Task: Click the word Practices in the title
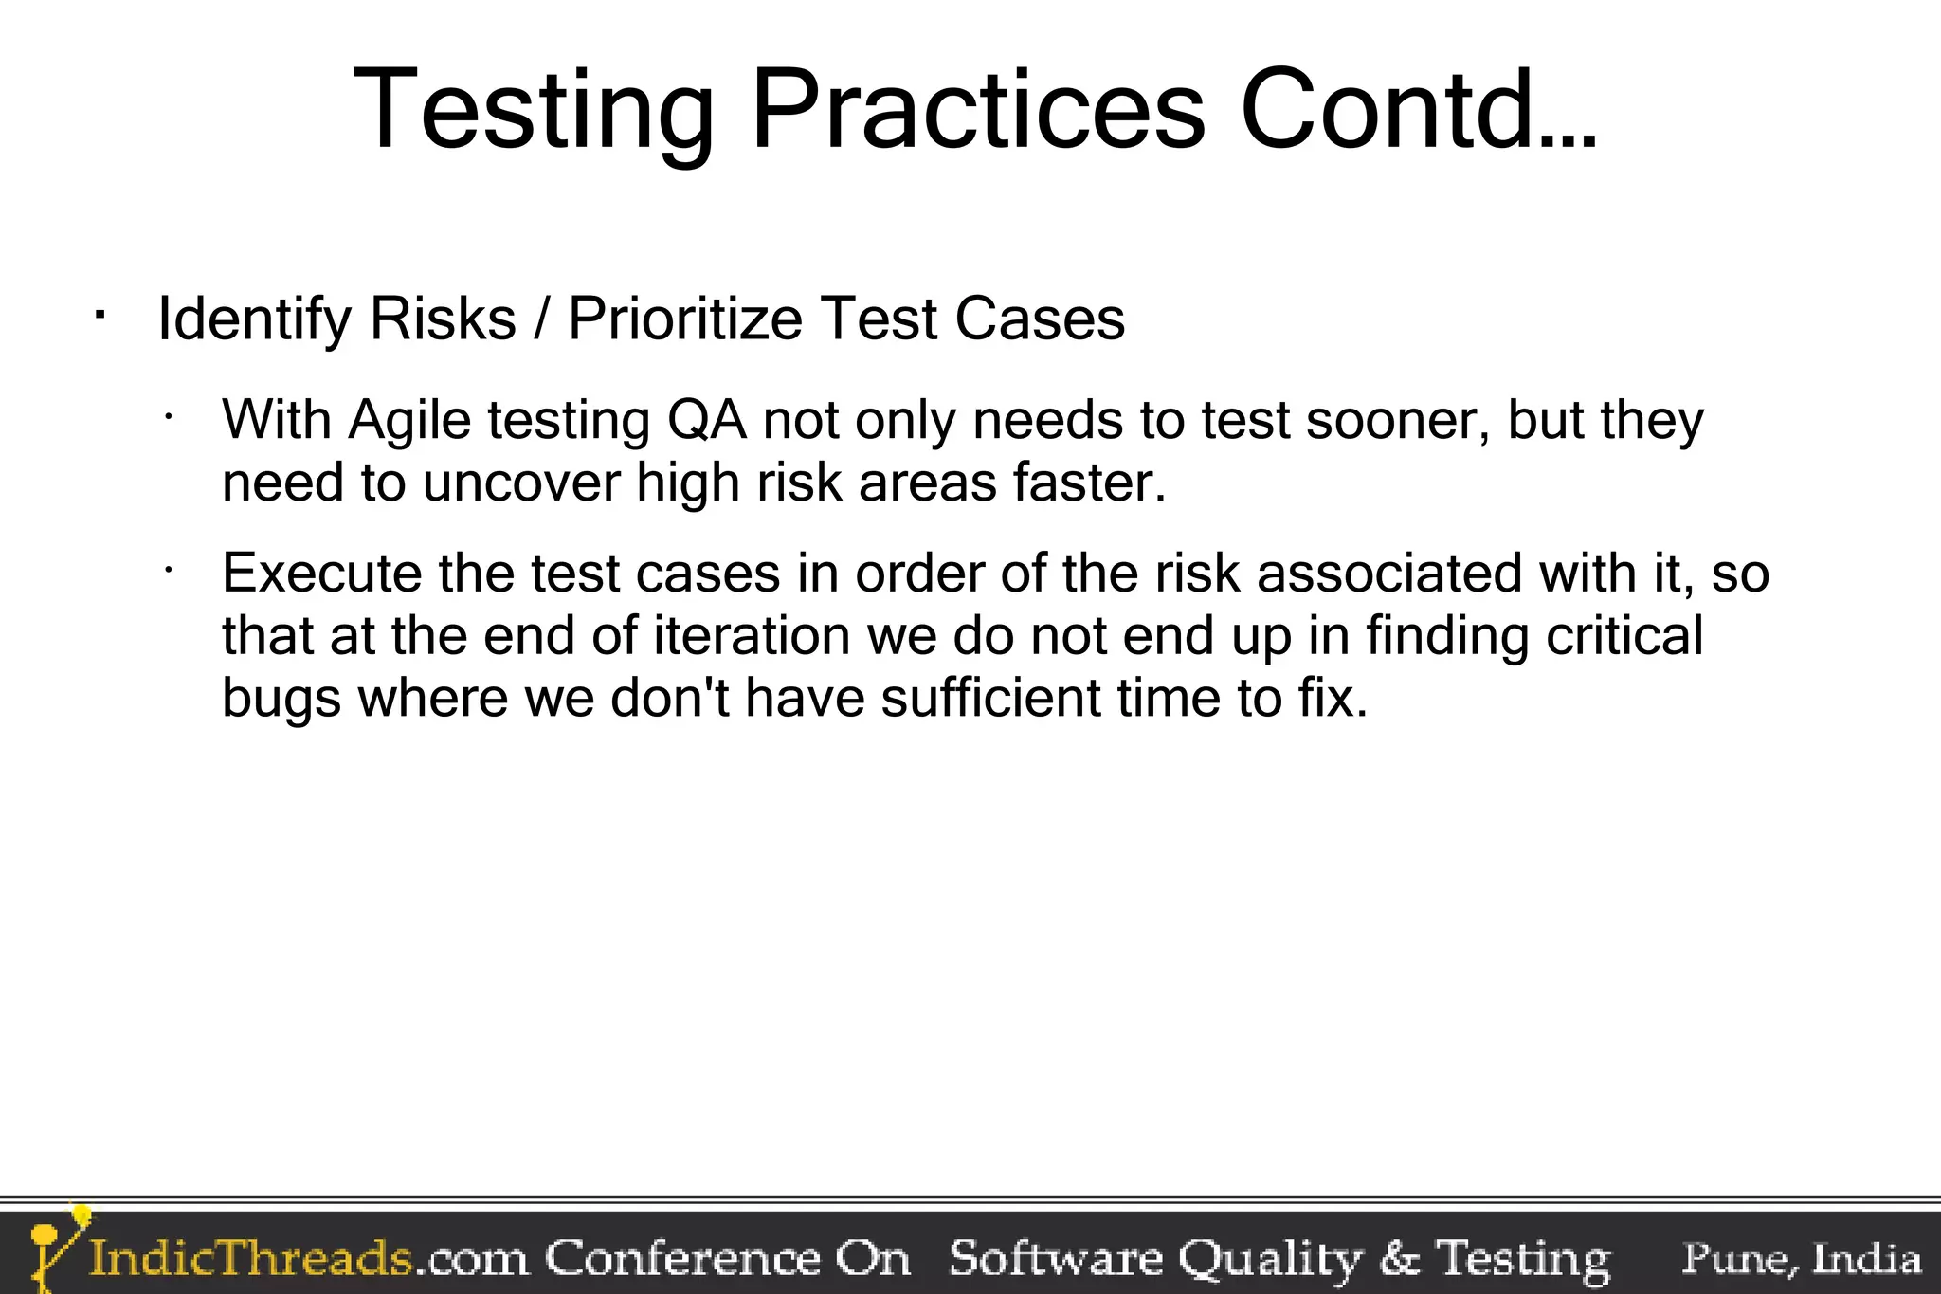[x=978, y=111]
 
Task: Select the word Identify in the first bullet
[x=254, y=319]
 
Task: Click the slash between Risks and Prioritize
[x=541, y=319]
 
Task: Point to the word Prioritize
[x=684, y=319]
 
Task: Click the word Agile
[x=409, y=420]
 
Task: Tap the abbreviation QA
[x=707, y=420]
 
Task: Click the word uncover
[x=520, y=483]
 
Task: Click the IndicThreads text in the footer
[x=251, y=1259]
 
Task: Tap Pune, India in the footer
[x=1802, y=1259]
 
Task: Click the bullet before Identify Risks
[x=99, y=314]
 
